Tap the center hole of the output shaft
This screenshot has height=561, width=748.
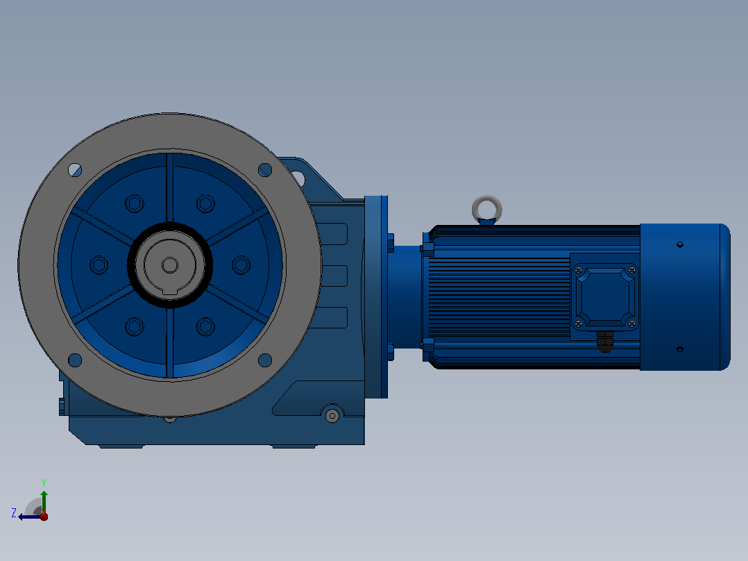coord(170,265)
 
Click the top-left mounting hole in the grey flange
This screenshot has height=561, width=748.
coord(75,170)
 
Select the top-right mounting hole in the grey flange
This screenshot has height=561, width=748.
coord(265,170)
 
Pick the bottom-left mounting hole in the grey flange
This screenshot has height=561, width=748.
coord(75,360)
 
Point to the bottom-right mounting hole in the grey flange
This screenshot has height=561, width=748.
coord(265,360)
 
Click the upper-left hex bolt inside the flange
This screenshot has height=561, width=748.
coord(135,204)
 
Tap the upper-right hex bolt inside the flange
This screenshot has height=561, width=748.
coord(205,204)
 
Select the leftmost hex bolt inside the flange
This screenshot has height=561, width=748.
coord(99,265)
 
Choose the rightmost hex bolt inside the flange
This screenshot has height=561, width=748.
coord(241,265)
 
